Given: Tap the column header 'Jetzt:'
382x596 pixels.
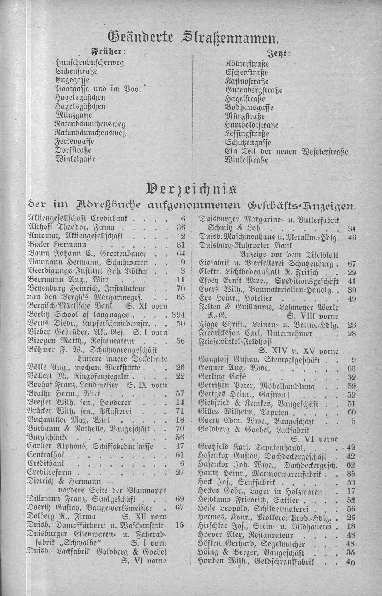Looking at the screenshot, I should coord(279,53).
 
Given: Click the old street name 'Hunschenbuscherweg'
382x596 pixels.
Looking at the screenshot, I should coord(89,62).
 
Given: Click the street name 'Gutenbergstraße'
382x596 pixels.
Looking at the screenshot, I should coord(254,90).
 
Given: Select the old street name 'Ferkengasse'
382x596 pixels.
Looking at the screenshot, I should coord(74,142).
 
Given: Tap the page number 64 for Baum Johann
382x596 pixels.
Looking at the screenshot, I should coord(180,253).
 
